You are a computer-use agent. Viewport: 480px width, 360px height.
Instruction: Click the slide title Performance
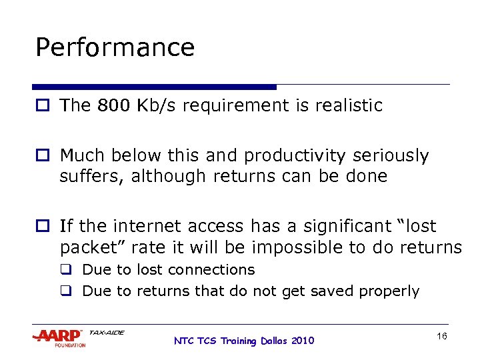[115, 48]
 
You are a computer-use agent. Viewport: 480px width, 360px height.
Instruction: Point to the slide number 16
[441, 337]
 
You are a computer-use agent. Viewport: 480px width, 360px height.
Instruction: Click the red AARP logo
[57, 335]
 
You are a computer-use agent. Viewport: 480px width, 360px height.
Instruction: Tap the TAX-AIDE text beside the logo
[106, 332]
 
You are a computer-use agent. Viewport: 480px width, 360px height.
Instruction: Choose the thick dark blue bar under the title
[154, 87]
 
